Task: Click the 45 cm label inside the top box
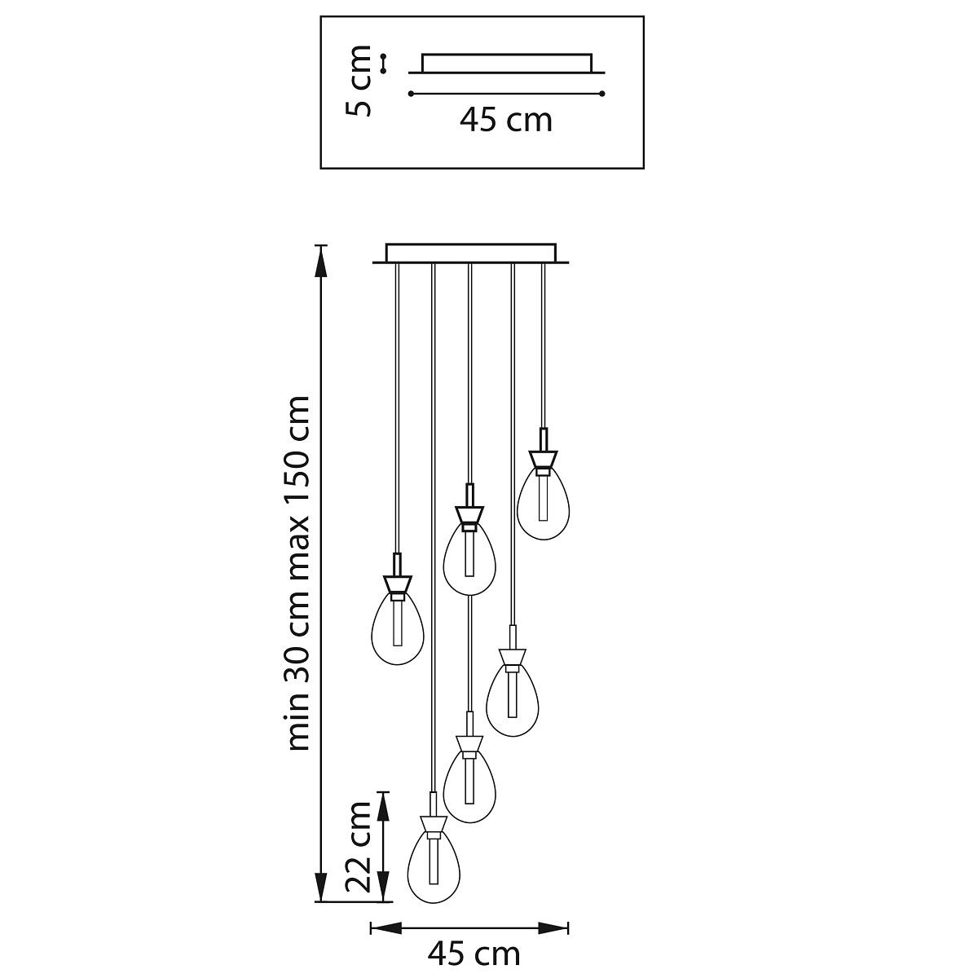tap(506, 121)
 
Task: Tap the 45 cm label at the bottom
tap(474, 954)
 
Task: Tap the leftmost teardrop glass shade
tap(398, 628)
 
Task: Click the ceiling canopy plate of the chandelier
tap(471, 253)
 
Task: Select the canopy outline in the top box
tap(507, 64)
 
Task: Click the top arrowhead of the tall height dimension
tap(320, 261)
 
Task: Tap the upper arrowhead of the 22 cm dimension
tap(384, 808)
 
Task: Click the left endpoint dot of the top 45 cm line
tap(411, 94)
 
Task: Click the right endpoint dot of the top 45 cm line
tap(602, 94)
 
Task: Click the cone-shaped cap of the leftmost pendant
tap(398, 584)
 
